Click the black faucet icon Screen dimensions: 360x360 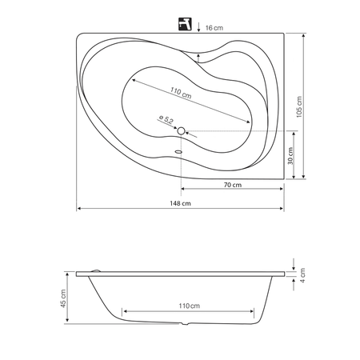tap(185, 24)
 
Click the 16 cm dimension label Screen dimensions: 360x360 tap(214, 28)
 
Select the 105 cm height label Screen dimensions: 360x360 tap(299, 106)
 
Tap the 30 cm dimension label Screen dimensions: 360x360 tap(290, 156)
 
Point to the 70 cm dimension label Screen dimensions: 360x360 tap(233, 185)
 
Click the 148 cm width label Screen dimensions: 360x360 tap(181, 203)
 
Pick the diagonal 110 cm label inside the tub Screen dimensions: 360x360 tap(181, 93)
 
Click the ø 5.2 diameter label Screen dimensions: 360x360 tap(166, 119)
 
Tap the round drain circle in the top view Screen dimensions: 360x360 tap(181, 131)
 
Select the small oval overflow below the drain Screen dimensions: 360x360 tap(178, 152)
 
